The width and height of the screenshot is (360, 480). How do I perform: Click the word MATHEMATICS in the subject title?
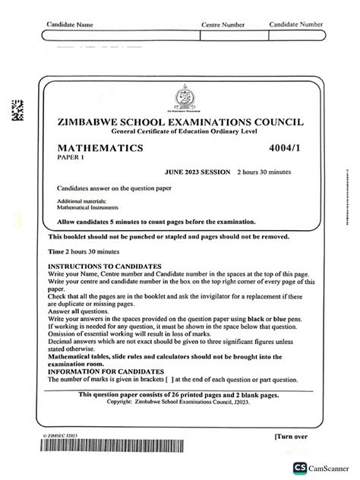click(x=100, y=150)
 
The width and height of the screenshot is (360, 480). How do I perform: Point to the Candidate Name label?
click(x=70, y=25)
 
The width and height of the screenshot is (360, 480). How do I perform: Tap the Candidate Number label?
click(x=296, y=25)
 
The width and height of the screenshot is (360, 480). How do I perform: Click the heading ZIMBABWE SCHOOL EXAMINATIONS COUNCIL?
click(x=180, y=122)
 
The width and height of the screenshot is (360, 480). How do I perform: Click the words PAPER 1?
click(x=70, y=159)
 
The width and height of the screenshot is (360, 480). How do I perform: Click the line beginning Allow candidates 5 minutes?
click(x=156, y=222)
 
